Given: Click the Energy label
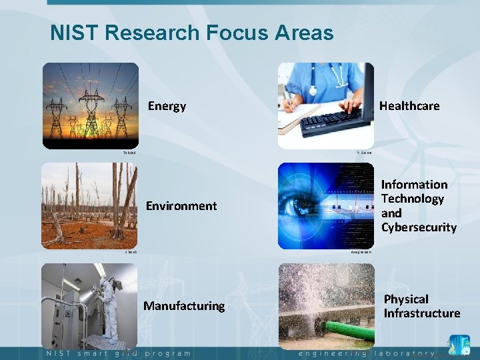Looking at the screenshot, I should point(167,106).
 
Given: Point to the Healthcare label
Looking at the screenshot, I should point(409,105).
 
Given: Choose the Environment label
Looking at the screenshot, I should point(181,206).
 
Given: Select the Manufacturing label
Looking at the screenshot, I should point(184,306).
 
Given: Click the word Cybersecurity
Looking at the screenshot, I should point(419,227).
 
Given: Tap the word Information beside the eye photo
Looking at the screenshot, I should point(414,185).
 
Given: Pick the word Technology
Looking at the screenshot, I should point(412,199).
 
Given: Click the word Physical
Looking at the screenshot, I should point(406,299).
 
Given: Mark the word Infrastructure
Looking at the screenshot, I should point(421,313).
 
